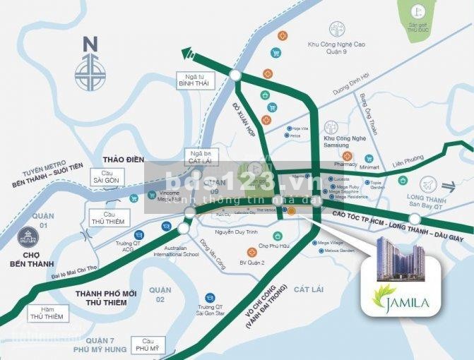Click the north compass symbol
[x=90, y=69]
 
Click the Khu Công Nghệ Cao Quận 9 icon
[x=337, y=29]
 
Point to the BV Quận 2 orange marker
[x=251, y=252]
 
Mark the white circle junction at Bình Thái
[x=235, y=76]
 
